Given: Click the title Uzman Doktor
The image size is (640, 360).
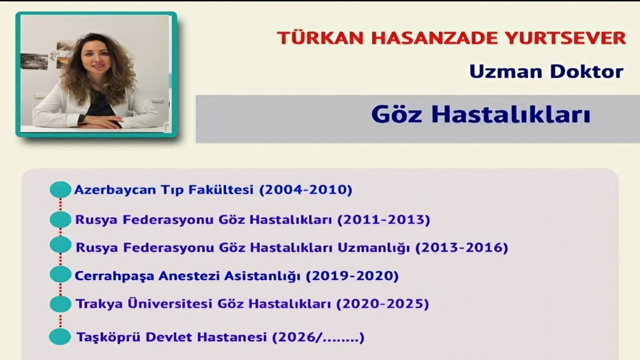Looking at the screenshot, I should (546, 71).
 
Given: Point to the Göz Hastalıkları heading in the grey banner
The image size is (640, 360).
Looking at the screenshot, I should (480, 114).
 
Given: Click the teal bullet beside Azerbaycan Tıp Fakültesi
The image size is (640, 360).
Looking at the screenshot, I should (60, 189).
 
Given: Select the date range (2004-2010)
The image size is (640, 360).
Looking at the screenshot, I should (305, 190).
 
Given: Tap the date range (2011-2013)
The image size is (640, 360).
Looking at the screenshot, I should (383, 219).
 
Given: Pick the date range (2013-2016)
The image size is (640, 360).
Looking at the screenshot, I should (462, 247).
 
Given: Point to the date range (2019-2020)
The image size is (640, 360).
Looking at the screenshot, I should (352, 276).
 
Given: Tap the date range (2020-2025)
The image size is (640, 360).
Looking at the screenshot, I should (382, 304).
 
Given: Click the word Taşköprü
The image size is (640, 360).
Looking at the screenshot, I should (108, 337).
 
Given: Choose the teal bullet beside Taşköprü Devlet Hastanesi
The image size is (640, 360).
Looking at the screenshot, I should (60, 336).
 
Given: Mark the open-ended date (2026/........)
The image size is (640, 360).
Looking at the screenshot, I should (318, 337).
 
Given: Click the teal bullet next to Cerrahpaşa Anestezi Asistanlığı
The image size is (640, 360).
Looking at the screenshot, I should (60, 274).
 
